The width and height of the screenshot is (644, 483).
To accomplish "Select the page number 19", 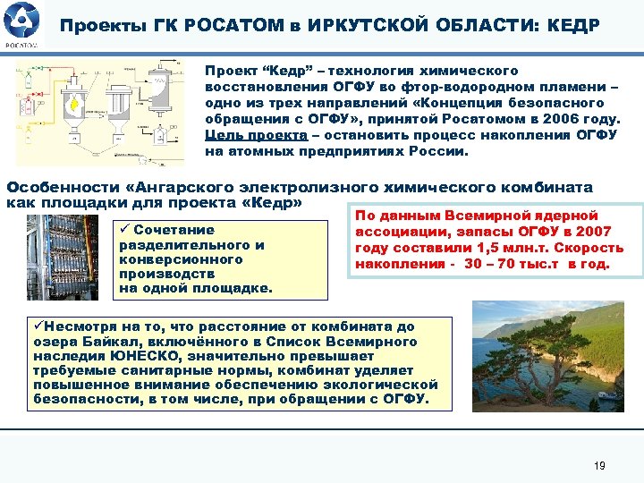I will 600,466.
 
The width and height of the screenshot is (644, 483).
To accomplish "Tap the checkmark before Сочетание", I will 124,230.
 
